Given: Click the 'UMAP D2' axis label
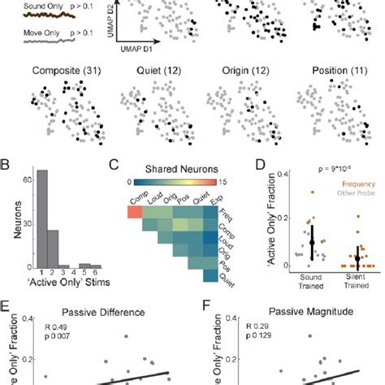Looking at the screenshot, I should tap(111, 18).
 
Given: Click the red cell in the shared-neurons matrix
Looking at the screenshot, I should tap(134, 211).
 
